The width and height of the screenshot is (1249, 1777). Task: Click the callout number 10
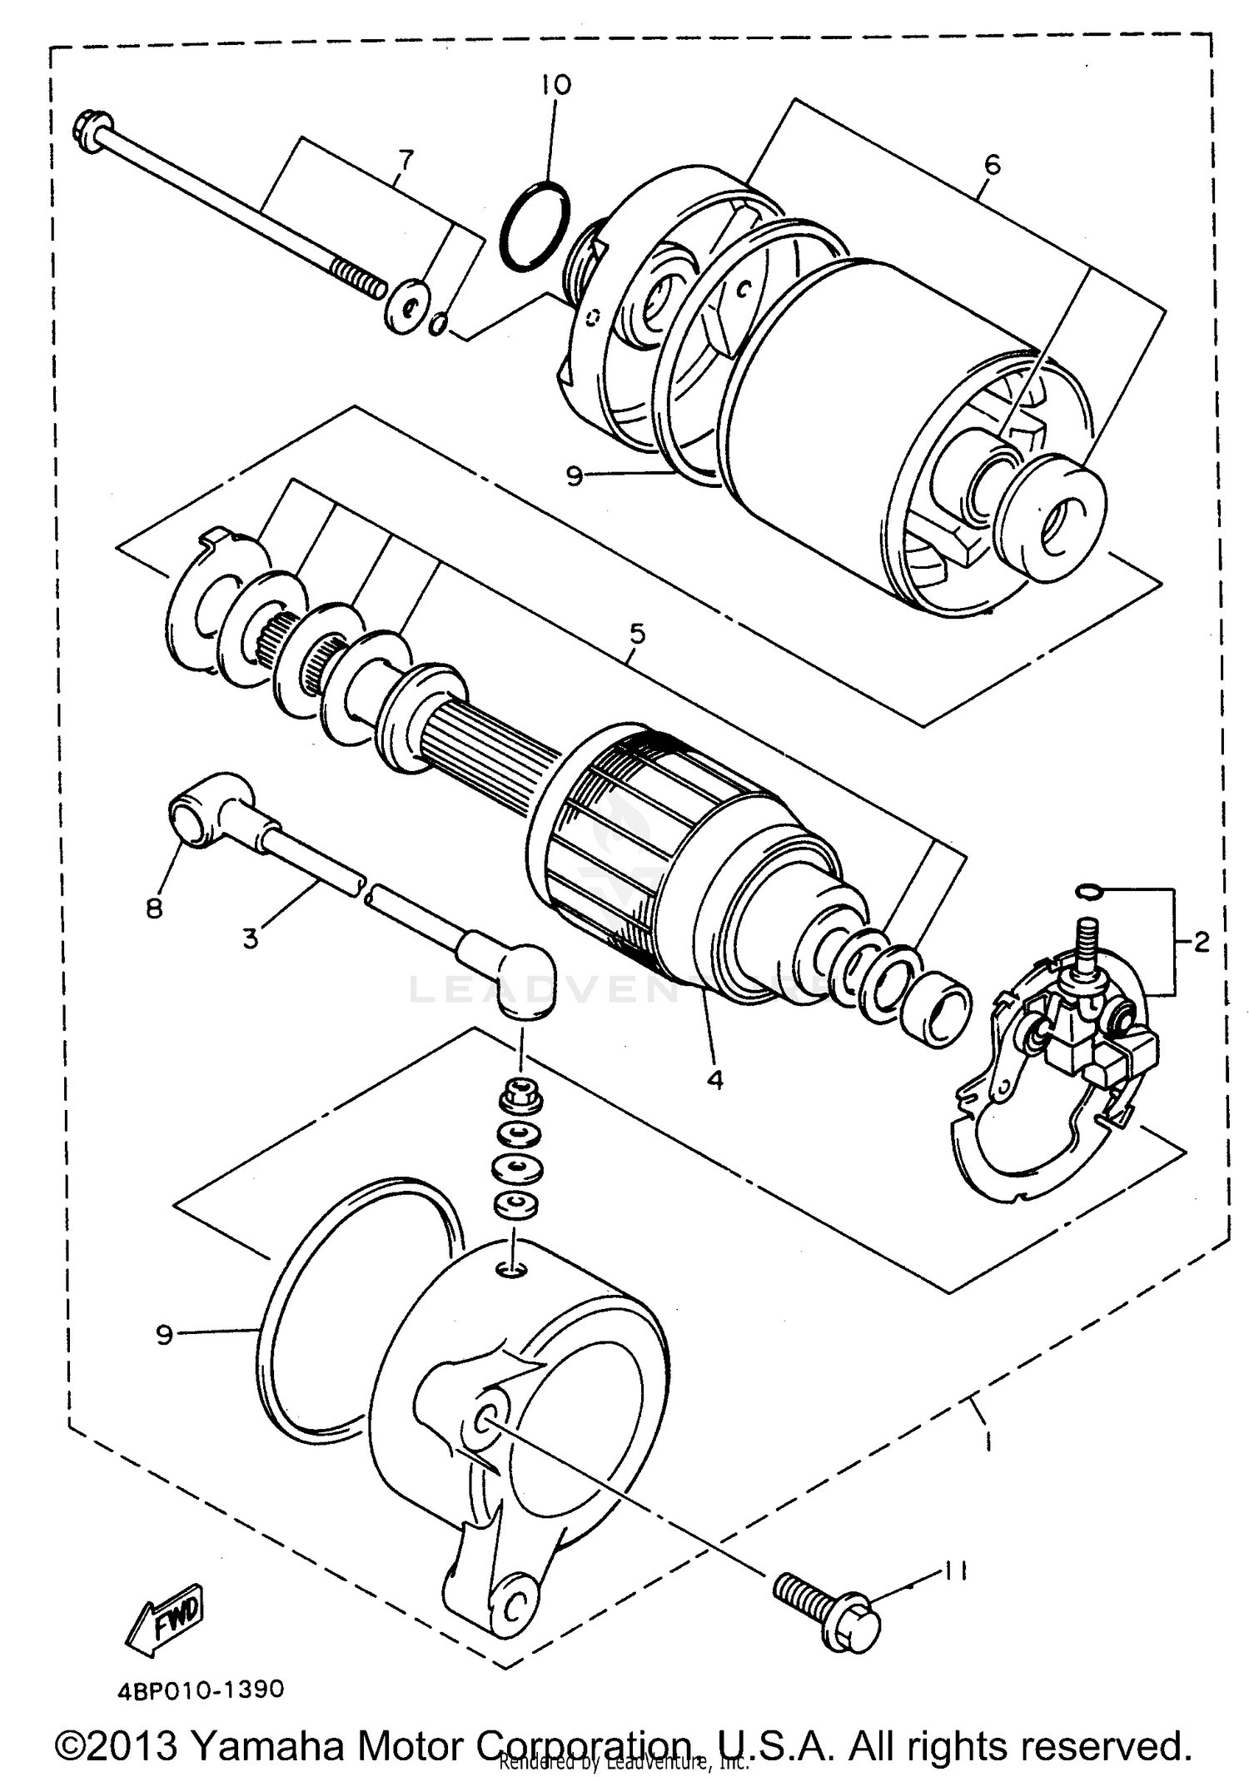(x=555, y=85)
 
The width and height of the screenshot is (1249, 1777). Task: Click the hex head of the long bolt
(x=87, y=128)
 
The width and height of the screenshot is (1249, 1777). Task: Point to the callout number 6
(x=992, y=164)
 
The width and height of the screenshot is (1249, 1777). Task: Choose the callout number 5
(x=637, y=634)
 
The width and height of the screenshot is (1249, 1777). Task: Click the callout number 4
(x=714, y=1079)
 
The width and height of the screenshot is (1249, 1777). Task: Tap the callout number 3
(x=251, y=938)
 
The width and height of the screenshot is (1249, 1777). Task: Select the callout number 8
(x=154, y=908)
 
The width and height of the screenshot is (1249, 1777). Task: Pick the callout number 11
(x=955, y=1570)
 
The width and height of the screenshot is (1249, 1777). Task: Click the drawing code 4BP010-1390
(x=201, y=1689)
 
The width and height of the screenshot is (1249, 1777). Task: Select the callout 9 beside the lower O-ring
(x=164, y=1335)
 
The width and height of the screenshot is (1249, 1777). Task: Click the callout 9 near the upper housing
(x=574, y=476)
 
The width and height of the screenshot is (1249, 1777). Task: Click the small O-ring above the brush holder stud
(x=1087, y=893)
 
